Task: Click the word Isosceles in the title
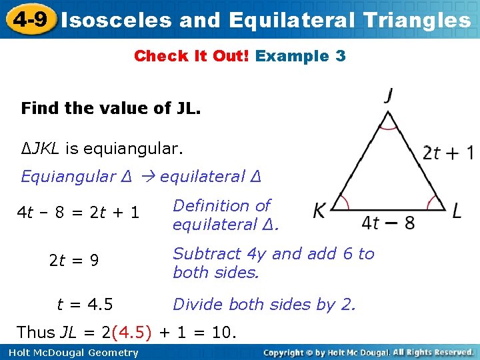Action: click(114, 20)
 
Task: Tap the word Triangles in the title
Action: click(417, 20)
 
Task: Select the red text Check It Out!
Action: click(192, 56)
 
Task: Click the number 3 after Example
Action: click(341, 56)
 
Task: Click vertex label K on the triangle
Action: click(320, 211)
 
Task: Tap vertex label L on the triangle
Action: click(457, 211)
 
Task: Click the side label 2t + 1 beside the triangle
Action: click(448, 153)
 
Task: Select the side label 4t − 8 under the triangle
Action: click(388, 221)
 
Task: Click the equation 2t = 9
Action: click(74, 261)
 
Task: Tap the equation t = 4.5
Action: click(85, 305)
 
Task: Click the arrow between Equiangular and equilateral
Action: click(148, 177)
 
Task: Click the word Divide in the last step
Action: click(195, 305)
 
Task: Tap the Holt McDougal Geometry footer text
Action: click(69, 353)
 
